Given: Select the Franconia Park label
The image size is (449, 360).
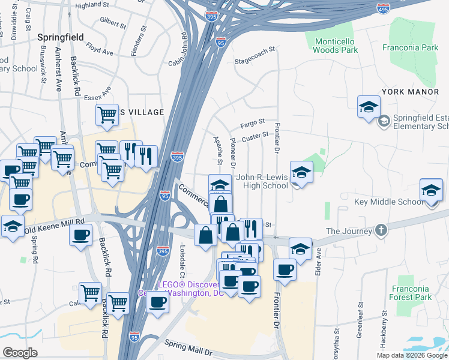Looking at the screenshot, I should (x=411, y=47).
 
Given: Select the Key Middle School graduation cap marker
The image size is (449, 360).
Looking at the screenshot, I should (x=431, y=191).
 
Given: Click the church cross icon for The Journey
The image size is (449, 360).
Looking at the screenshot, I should (x=381, y=231).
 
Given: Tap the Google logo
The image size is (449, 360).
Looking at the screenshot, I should (x=20, y=353).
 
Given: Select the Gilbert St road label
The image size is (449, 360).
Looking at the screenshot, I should (x=113, y=23).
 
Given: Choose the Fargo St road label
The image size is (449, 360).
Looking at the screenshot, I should (x=253, y=124).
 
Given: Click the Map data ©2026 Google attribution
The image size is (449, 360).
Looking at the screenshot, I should (x=412, y=355).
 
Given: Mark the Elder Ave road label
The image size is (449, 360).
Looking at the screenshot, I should (x=319, y=262).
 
